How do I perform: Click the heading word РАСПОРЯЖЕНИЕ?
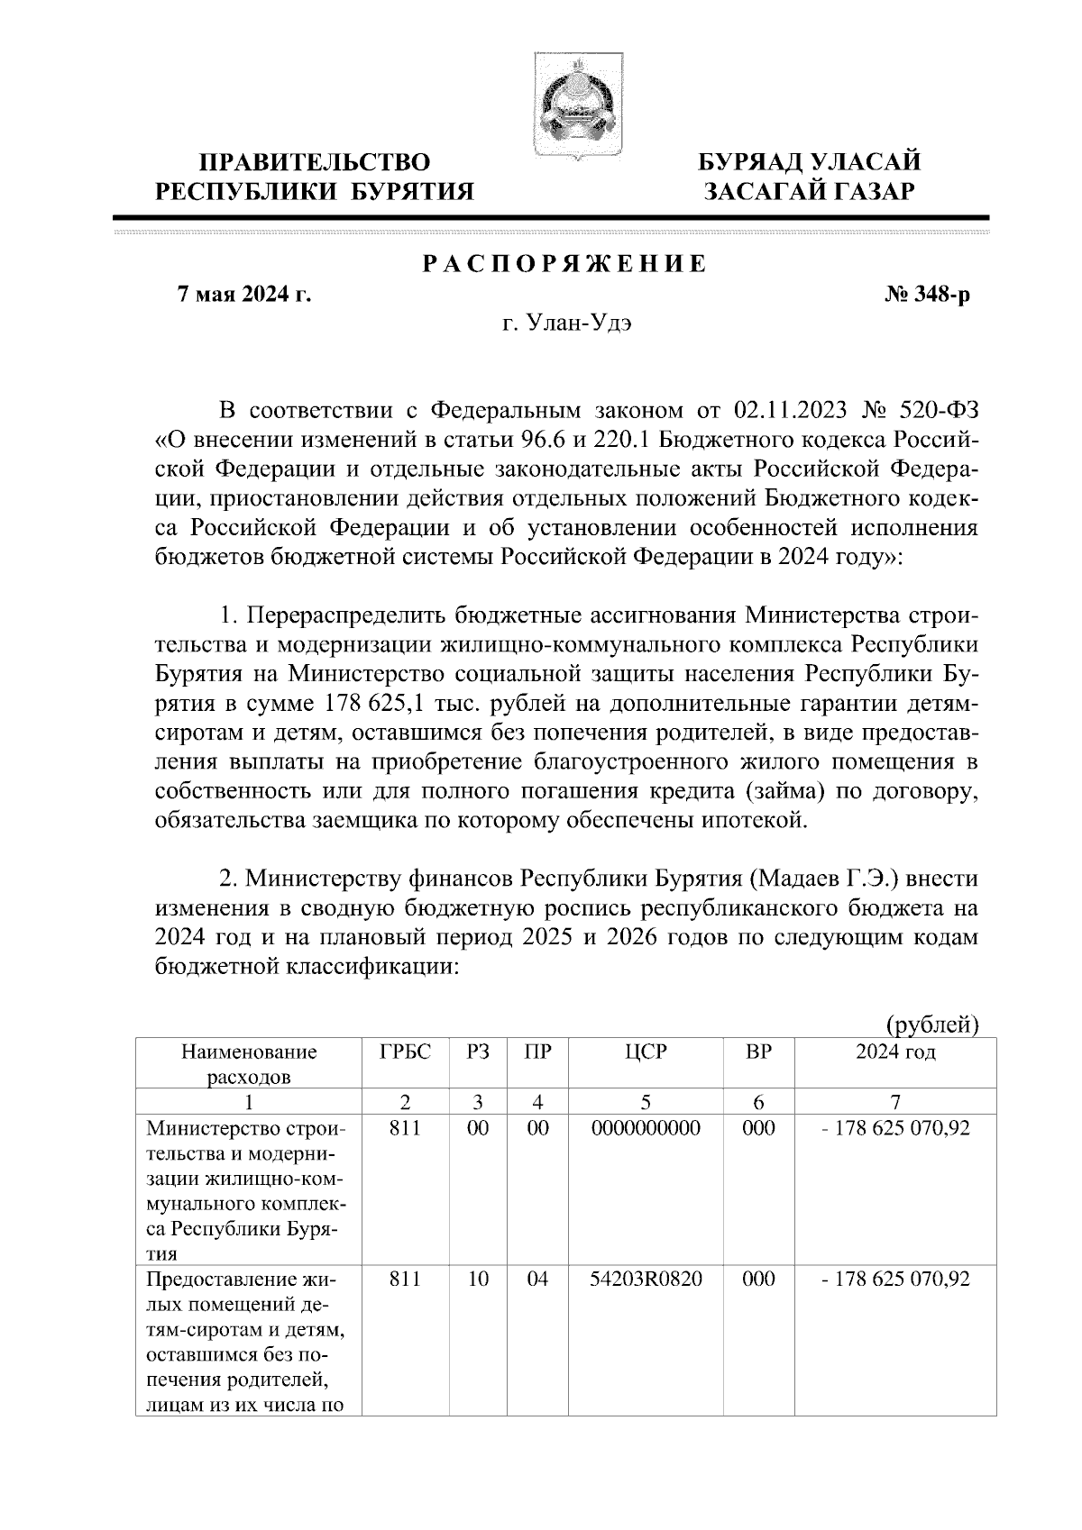(565, 264)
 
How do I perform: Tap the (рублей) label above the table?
(932, 1025)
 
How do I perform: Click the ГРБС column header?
(405, 1052)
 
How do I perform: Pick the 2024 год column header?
(894, 1052)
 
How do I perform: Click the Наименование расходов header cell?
(249, 1063)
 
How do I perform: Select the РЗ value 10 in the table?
(478, 1279)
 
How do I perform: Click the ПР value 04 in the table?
(537, 1279)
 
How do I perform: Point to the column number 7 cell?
(894, 1101)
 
